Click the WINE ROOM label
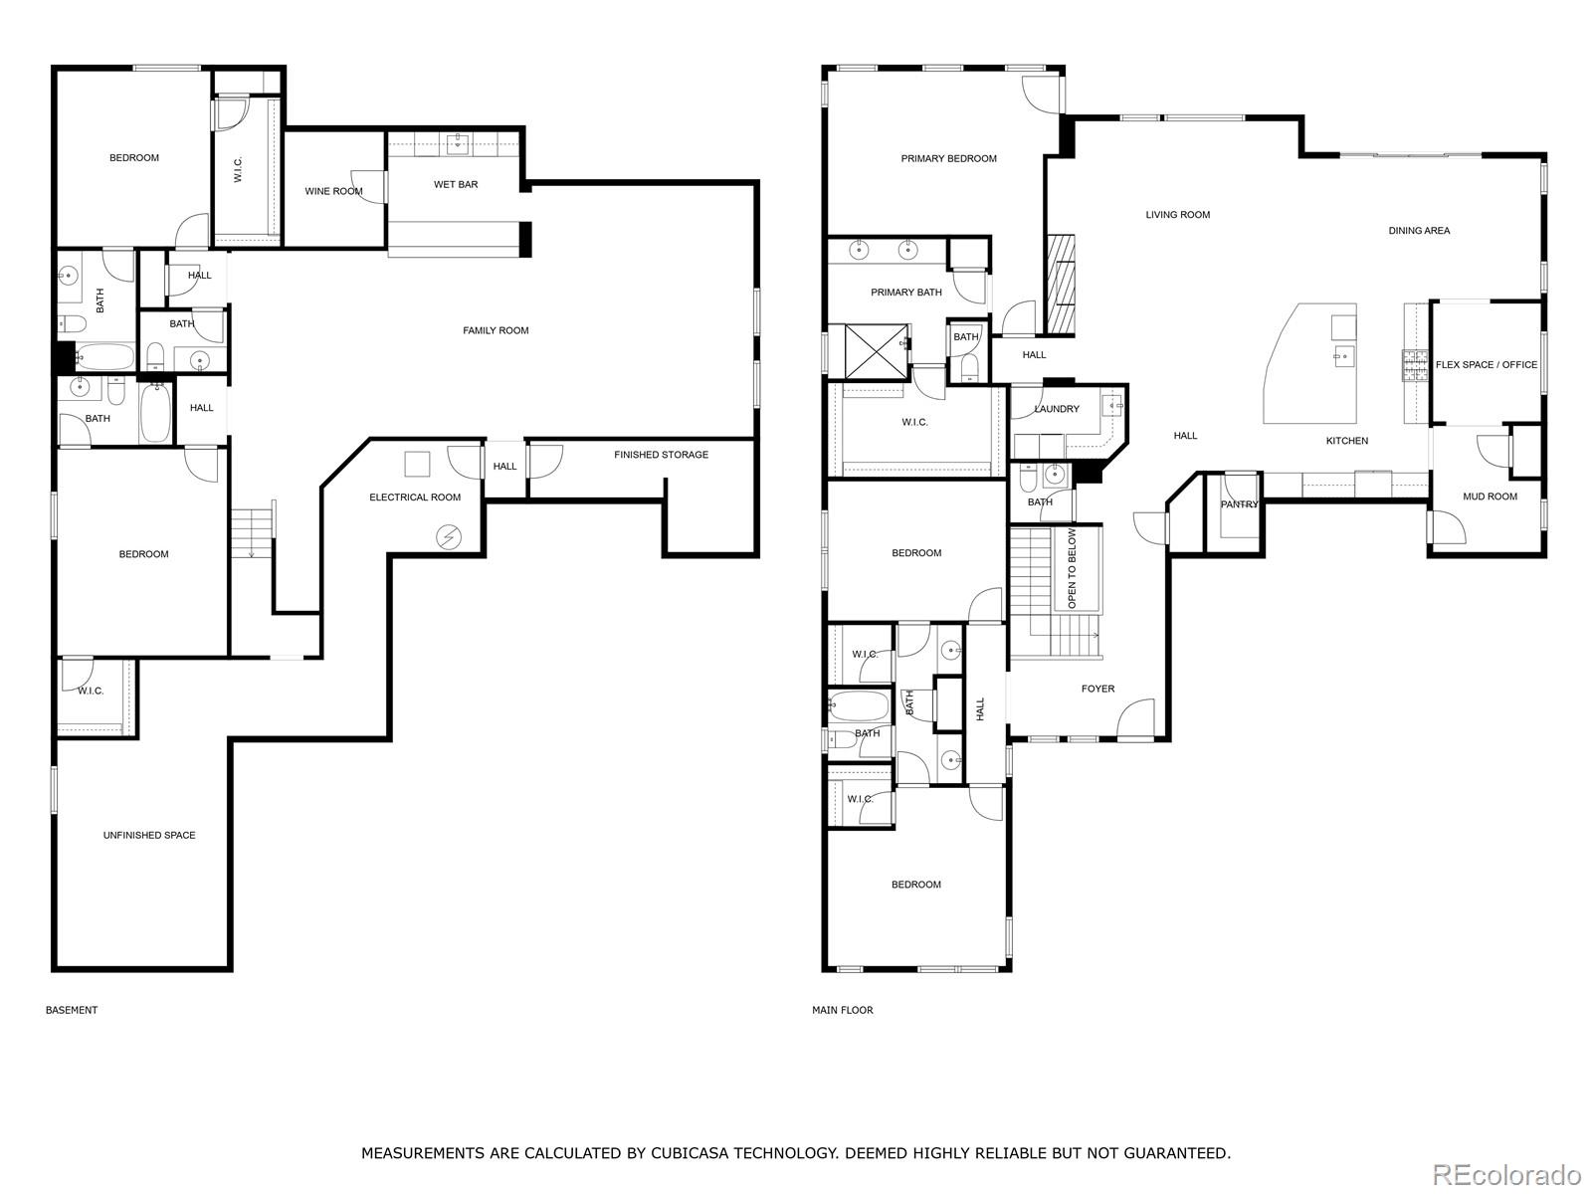coord(333,191)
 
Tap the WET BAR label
coord(456,184)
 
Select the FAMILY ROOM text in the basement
coord(496,330)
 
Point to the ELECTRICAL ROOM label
coord(415,497)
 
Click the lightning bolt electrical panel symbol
coord(449,537)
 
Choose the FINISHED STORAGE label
coord(661,455)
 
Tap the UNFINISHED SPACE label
coord(149,835)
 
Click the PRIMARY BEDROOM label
coord(948,159)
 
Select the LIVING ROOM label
coord(1178,215)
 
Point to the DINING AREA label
coord(1420,231)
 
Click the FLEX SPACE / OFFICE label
coord(1487,364)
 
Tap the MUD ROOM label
coord(1490,497)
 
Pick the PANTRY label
coord(1239,504)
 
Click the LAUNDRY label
coord(1057,409)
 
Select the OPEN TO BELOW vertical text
coord(1072,568)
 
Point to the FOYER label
coord(1098,689)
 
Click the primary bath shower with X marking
coord(877,351)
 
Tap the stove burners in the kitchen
coord(1414,365)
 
